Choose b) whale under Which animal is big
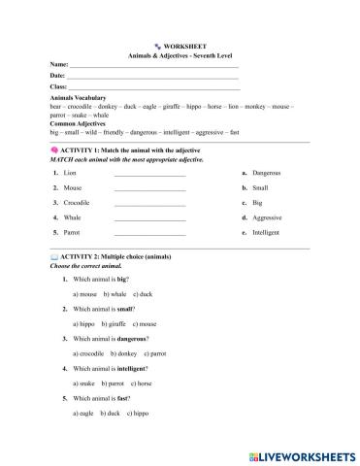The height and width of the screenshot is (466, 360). [114, 293]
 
